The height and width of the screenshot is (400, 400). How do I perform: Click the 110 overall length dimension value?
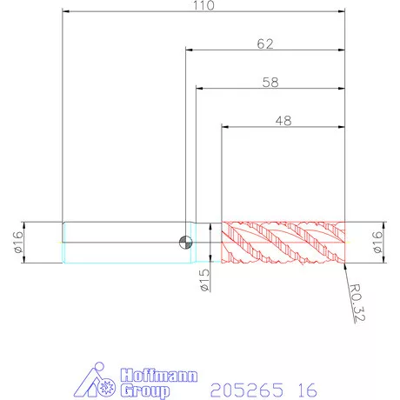pos(203,5)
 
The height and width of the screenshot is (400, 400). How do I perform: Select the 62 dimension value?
pos(265,44)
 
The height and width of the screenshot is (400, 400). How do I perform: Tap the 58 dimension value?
pos(270,83)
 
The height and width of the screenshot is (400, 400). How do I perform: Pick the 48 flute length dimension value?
pos(283,121)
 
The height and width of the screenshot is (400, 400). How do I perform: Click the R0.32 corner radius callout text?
pos(357,303)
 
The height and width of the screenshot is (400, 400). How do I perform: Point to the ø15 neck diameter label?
pos(204,280)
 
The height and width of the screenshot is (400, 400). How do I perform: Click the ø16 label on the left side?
pos(18,242)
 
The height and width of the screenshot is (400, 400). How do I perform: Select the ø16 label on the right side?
pos(377,242)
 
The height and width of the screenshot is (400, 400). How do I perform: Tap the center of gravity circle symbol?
pos(185,243)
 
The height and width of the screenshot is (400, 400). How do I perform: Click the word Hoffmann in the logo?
pos(159,376)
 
